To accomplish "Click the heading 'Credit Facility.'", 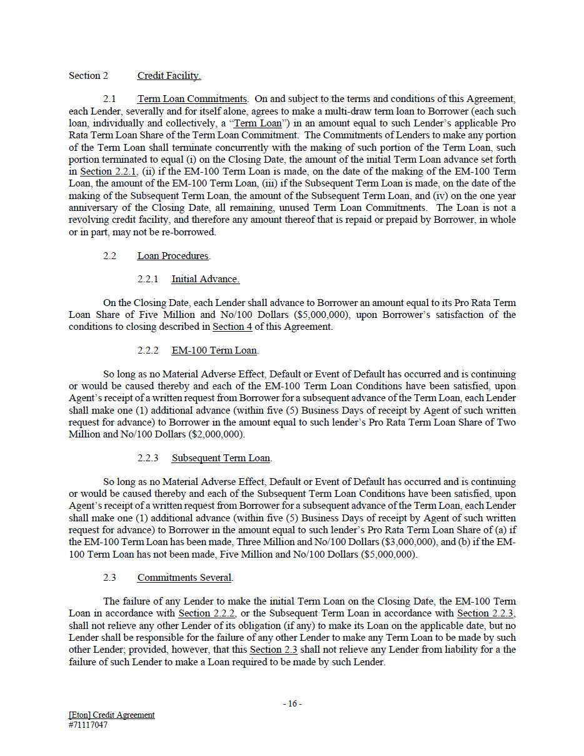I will (169, 76).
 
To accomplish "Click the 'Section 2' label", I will (88, 76).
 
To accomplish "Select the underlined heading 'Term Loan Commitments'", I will (191, 99).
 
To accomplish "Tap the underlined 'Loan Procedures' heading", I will (173, 256).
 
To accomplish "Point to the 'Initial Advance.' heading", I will (205, 279).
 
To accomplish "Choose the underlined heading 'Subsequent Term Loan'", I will (221, 458).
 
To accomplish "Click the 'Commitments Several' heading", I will (184, 578).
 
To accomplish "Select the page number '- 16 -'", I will (292, 703).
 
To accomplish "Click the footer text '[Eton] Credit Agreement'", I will (112, 715).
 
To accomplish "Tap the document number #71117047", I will (88, 725).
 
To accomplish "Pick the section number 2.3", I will (109, 578).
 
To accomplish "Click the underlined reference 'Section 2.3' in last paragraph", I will (274, 650).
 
